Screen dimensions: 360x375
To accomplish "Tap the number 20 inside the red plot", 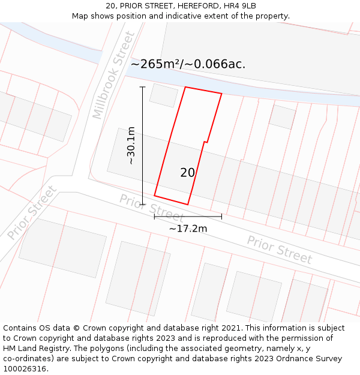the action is click(x=188, y=173).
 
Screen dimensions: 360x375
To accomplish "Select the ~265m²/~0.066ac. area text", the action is click(x=188, y=64).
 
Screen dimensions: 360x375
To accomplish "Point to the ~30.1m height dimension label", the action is click(x=131, y=146).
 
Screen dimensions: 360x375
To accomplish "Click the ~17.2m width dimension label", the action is click(x=188, y=229).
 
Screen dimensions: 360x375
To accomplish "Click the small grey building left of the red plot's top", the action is click(x=163, y=95).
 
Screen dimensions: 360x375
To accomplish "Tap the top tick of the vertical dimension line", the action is click(x=143, y=87).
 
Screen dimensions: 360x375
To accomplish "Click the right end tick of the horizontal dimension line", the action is click(x=221, y=216).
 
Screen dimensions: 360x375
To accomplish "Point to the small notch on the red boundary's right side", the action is click(x=206, y=142).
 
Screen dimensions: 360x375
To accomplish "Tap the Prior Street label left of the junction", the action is click(x=32, y=212).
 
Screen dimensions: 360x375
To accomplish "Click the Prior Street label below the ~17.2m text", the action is click(x=280, y=250).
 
